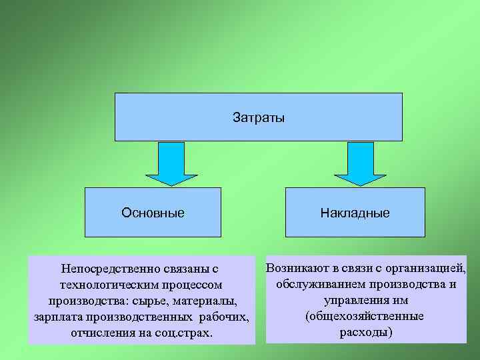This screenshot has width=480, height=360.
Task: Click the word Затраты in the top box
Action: click(x=259, y=118)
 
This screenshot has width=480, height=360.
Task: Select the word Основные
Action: click(x=153, y=213)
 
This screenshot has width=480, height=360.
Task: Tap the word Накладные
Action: click(x=355, y=214)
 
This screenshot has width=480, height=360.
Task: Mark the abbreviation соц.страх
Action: click(x=182, y=331)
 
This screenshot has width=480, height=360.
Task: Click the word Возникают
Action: click(x=296, y=269)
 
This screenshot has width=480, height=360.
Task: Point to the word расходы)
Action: click(x=367, y=331)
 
